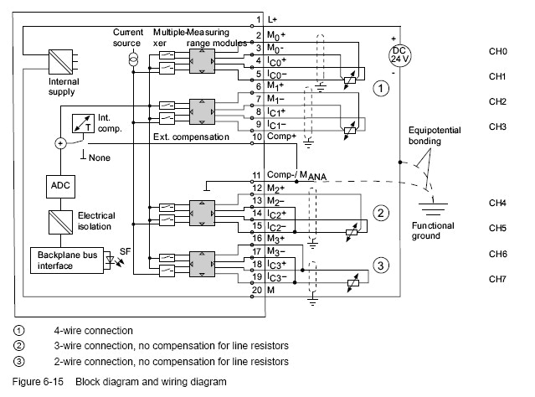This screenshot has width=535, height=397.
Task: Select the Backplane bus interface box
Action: coord(64,260)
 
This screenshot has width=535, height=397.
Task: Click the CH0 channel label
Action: coord(498,51)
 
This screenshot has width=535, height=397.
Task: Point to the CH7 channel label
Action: coord(498,278)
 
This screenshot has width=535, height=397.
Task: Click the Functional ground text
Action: coord(433,230)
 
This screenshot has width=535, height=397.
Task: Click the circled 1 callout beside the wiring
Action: coord(381,87)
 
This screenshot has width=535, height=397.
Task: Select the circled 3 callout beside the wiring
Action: coord(381,266)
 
